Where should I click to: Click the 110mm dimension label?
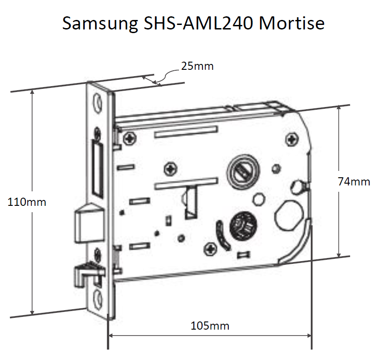tap(27, 202)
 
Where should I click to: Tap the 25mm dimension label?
tap(197, 66)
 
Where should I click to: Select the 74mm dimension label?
tap(354, 182)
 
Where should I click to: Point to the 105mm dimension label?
tap(210, 326)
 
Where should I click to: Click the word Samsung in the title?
tap(100, 24)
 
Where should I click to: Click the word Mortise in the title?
tap(292, 23)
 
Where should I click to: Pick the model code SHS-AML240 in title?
tap(198, 23)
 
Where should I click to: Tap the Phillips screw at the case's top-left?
tap(130, 138)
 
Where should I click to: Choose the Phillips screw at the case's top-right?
tap(292, 139)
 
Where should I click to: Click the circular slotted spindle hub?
tap(243, 170)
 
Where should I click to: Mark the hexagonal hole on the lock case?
tap(259, 199)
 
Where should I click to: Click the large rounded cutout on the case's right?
tap(288, 214)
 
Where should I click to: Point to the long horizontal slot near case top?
tap(186, 132)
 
